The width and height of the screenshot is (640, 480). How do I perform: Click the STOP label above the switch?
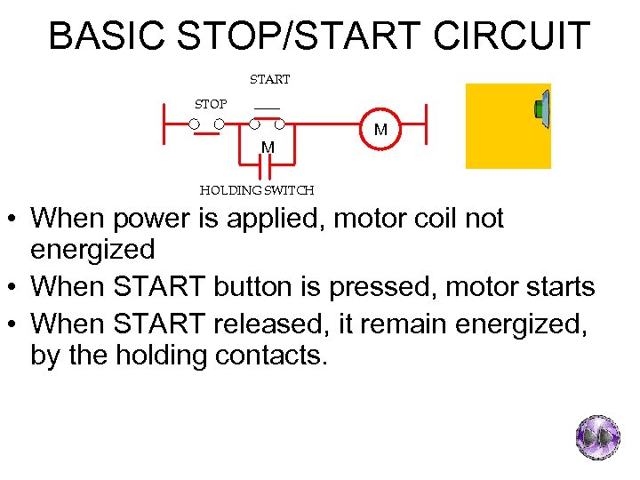point(211,105)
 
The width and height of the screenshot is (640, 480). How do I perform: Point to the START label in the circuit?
point(269,80)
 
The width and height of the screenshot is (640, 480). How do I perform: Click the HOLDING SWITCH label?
point(257,190)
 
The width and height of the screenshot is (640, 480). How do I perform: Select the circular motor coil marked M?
point(381,130)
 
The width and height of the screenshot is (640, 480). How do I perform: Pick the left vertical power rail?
point(164,124)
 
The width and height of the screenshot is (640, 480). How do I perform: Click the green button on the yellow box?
point(540,108)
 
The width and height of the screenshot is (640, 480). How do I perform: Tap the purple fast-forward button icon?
point(597,437)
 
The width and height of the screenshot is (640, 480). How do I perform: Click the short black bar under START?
point(267,109)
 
